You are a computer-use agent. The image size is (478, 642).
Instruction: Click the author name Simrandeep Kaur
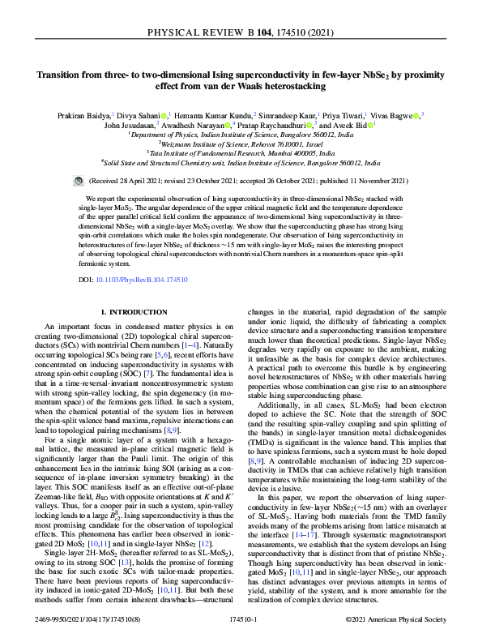[x=287, y=116]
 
